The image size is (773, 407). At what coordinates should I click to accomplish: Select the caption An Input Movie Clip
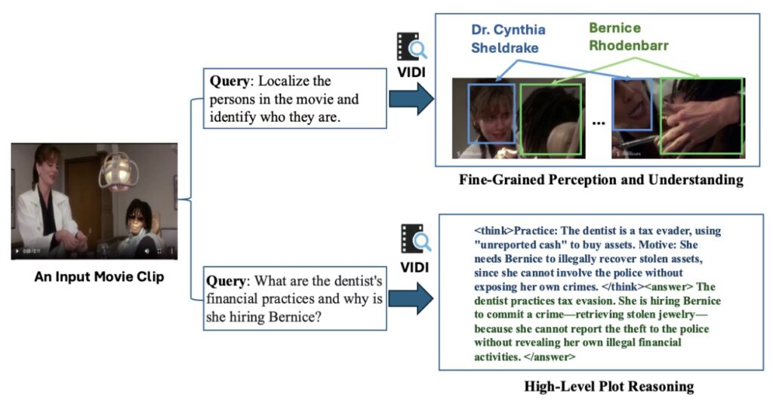(99, 277)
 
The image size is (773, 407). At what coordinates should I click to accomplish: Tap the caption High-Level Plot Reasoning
(608, 387)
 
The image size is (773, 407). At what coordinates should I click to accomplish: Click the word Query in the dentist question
(229, 281)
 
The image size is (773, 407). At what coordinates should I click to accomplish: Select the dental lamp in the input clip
(116, 170)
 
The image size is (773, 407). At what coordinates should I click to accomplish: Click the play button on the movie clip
(17, 251)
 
